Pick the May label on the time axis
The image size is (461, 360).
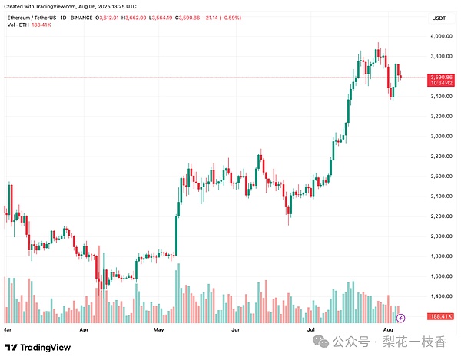point(159,329)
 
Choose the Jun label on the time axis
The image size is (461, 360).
point(236,329)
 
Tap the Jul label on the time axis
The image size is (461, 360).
point(312,329)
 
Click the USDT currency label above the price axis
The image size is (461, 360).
point(439,17)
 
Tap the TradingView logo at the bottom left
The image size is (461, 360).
point(43,347)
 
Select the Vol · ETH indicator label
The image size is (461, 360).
point(20,25)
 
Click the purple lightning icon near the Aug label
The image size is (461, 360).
point(400,317)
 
